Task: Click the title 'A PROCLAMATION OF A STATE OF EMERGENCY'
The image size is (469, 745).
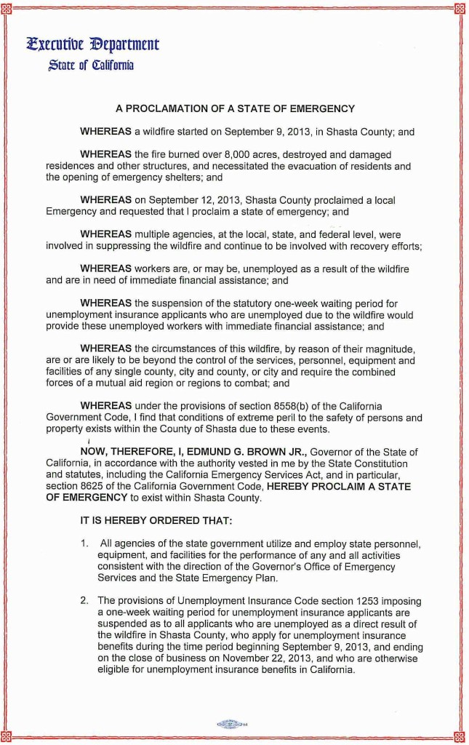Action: pos(235,109)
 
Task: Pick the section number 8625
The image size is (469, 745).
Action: pos(103,487)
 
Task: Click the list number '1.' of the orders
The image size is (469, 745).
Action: pos(84,543)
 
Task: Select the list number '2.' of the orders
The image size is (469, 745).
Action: pos(84,601)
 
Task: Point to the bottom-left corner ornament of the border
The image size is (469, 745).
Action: pos(8,736)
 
